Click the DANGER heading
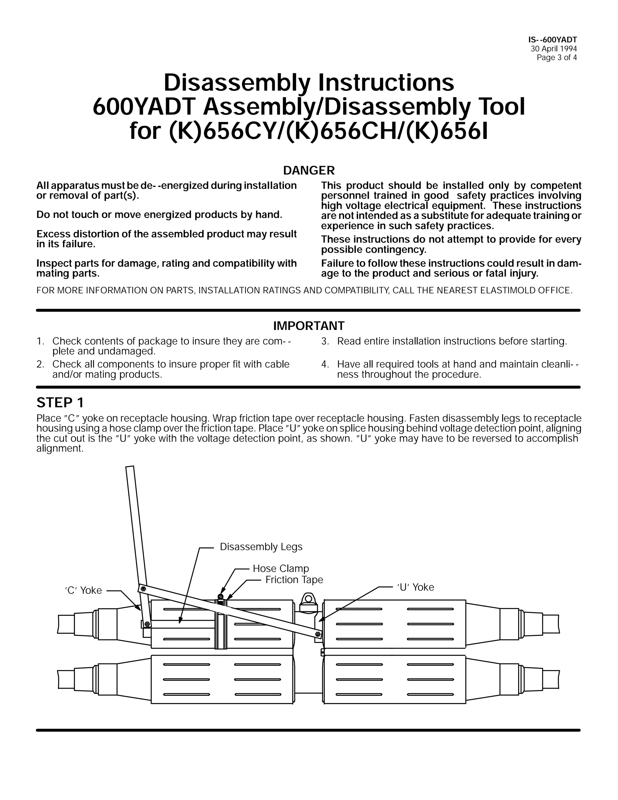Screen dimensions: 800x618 (309, 170)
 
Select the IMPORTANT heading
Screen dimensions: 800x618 (309, 326)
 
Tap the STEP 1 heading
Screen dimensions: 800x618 (60, 402)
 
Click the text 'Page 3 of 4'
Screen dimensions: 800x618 (556, 57)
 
